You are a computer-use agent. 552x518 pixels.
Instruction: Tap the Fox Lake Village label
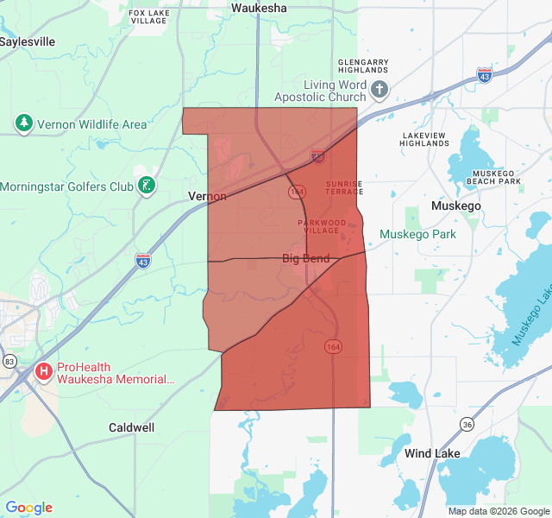pos(148,17)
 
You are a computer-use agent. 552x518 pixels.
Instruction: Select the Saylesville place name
pos(28,41)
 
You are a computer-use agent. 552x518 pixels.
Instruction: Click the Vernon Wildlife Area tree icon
pos(24,124)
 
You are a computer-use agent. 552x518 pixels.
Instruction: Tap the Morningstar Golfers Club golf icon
pos(147,186)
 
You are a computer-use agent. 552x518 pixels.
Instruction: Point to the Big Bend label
pos(305,258)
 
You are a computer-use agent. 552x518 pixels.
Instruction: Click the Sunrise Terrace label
pos(344,188)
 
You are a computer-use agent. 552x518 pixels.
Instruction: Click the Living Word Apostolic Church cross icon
pos(380,90)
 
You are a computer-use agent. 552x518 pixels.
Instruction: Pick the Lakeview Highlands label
pos(424,139)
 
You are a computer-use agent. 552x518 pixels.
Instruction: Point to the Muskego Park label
pos(418,234)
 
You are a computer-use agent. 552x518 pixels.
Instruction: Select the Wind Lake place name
pos(432,453)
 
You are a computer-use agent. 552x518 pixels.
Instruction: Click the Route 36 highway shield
pos(467,424)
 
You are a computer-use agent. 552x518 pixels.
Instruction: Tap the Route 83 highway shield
pos(9,360)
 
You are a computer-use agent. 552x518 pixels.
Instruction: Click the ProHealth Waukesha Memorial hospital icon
pos(44,372)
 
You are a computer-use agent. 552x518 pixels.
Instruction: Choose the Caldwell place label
pos(132,427)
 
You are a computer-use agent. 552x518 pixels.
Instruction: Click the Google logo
pos(28,508)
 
